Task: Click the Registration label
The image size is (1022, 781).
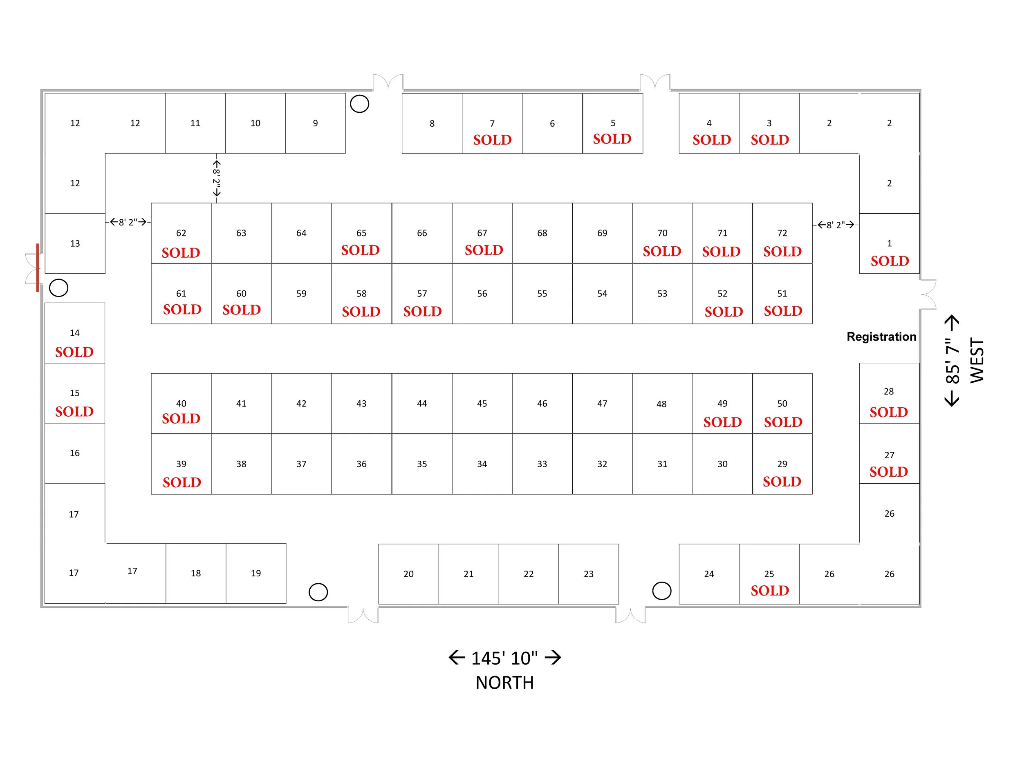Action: [x=881, y=337]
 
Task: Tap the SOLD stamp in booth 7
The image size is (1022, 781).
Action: [x=492, y=139]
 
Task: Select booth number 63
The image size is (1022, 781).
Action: [x=241, y=233]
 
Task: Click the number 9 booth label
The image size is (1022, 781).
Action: [x=316, y=123]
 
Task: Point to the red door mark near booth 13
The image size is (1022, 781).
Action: [x=37, y=268]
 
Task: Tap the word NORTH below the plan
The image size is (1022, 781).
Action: [x=504, y=683]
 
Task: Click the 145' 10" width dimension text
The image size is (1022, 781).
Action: [x=504, y=658]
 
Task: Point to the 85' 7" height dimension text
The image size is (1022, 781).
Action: [x=952, y=361]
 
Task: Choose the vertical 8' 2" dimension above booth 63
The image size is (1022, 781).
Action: [x=217, y=178]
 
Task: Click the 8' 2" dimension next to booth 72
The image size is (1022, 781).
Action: [x=836, y=225]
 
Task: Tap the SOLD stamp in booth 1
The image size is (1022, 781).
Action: [x=890, y=261]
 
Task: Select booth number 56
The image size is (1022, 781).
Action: [x=482, y=294]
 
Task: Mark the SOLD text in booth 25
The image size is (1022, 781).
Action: [x=769, y=590]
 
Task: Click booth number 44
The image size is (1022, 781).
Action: [x=421, y=404]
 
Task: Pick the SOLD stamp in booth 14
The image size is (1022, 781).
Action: [x=74, y=352]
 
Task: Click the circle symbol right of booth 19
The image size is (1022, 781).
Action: [x=318, y=592]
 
